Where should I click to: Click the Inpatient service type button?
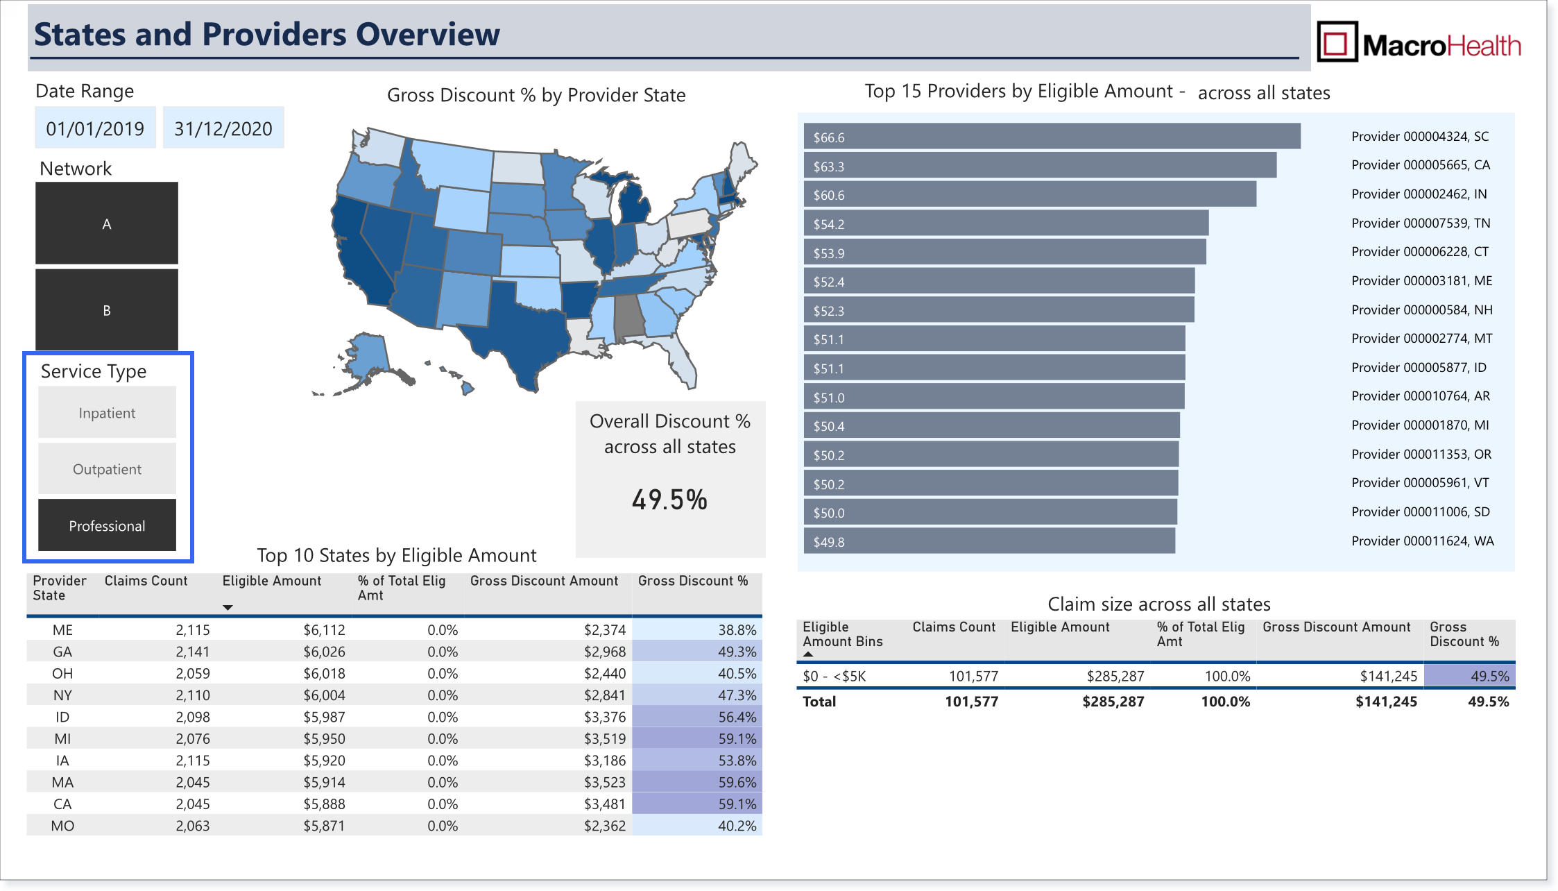pyautogui.click(x=107, y=412)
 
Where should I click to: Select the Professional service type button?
pyautogui.click(x=107, y=525)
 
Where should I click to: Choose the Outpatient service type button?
pyautogui.click(x=107, y=469)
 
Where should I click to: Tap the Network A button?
pyautogui.click(x=107, y=223)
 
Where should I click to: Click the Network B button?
pyautogui.click(x=107, y=310)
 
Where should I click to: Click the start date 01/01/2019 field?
pyautogui.click(x=96, y=128)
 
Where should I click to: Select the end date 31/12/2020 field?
pyautogui.click(x=223, y=128)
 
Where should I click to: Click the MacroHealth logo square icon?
pyautogui.click(x=1337, y=42)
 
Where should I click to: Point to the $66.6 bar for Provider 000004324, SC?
pyautogui.click(x=1052, y=137)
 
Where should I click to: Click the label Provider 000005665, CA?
pyautogui.click(x=1421, y=165)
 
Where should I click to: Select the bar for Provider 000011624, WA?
pyautogui.click(x=989, y=541)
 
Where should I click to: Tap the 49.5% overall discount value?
pyautogui.click(x=669, y=500)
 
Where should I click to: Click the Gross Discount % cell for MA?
pyautogui.click(x=697, y=782)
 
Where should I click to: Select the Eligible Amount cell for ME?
pyautogui.click(x=324, y=630)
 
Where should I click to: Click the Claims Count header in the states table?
pyautogui.click(x=146, y=581)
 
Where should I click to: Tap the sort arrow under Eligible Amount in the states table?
pyautogui.click(x=228, y=608)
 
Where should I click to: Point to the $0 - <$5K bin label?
pyautogui.click(x=834, y=676)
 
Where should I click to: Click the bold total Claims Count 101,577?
pyautogui.click(x=971, y=702)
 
